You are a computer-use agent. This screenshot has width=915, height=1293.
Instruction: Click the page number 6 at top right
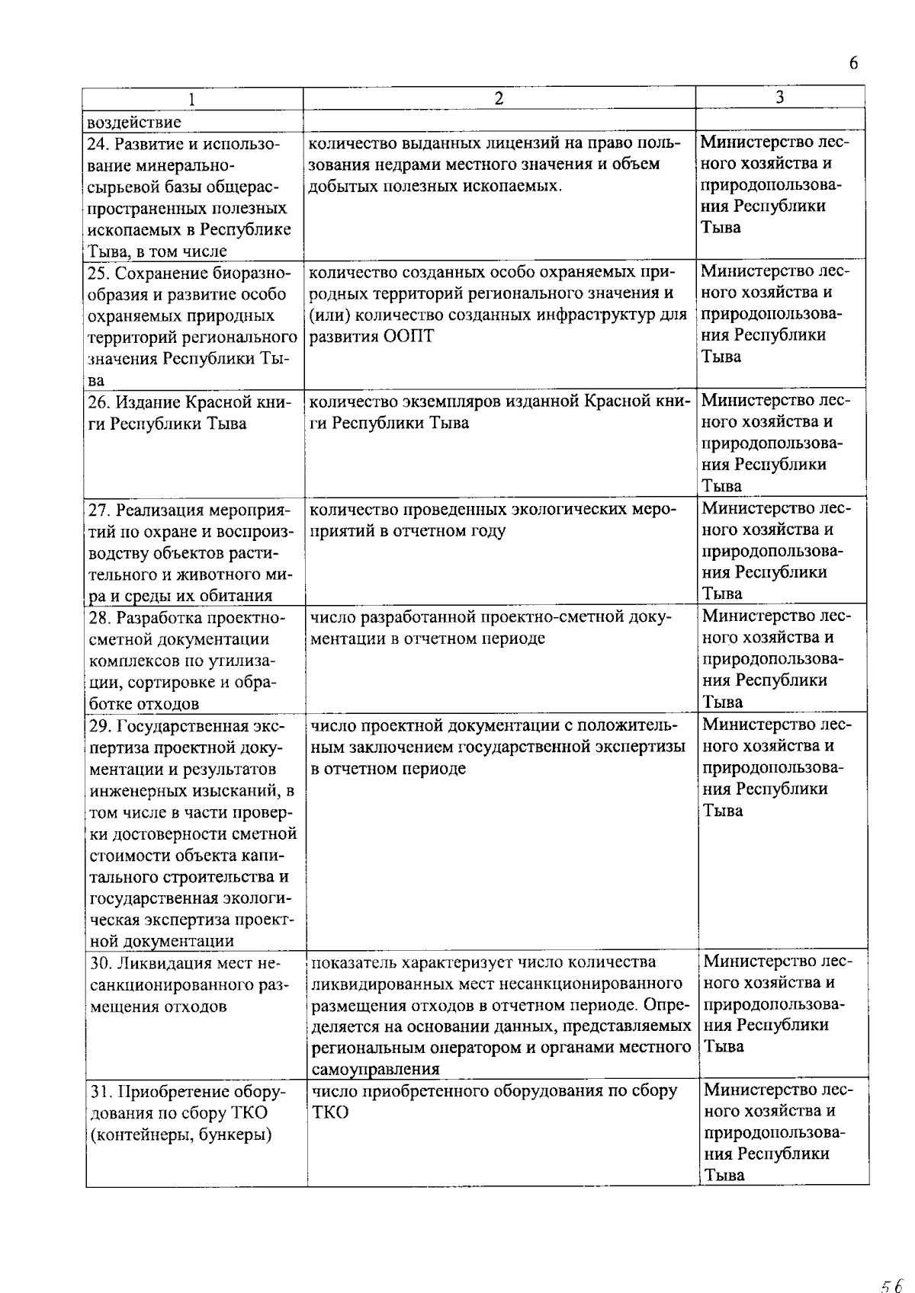(x=853, y=63)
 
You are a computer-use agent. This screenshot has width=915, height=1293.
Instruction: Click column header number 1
(x=192, y=99)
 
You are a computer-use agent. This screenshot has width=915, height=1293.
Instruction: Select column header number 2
(x=499, y=98)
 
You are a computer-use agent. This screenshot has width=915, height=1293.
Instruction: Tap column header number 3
(x=779, y=97)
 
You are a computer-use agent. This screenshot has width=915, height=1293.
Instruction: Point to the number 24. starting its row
(x=101, y=144)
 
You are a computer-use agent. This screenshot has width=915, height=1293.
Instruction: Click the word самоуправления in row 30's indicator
(x=375, y=1069)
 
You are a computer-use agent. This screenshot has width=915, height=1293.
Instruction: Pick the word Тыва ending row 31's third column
(x=724, y=1174)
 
